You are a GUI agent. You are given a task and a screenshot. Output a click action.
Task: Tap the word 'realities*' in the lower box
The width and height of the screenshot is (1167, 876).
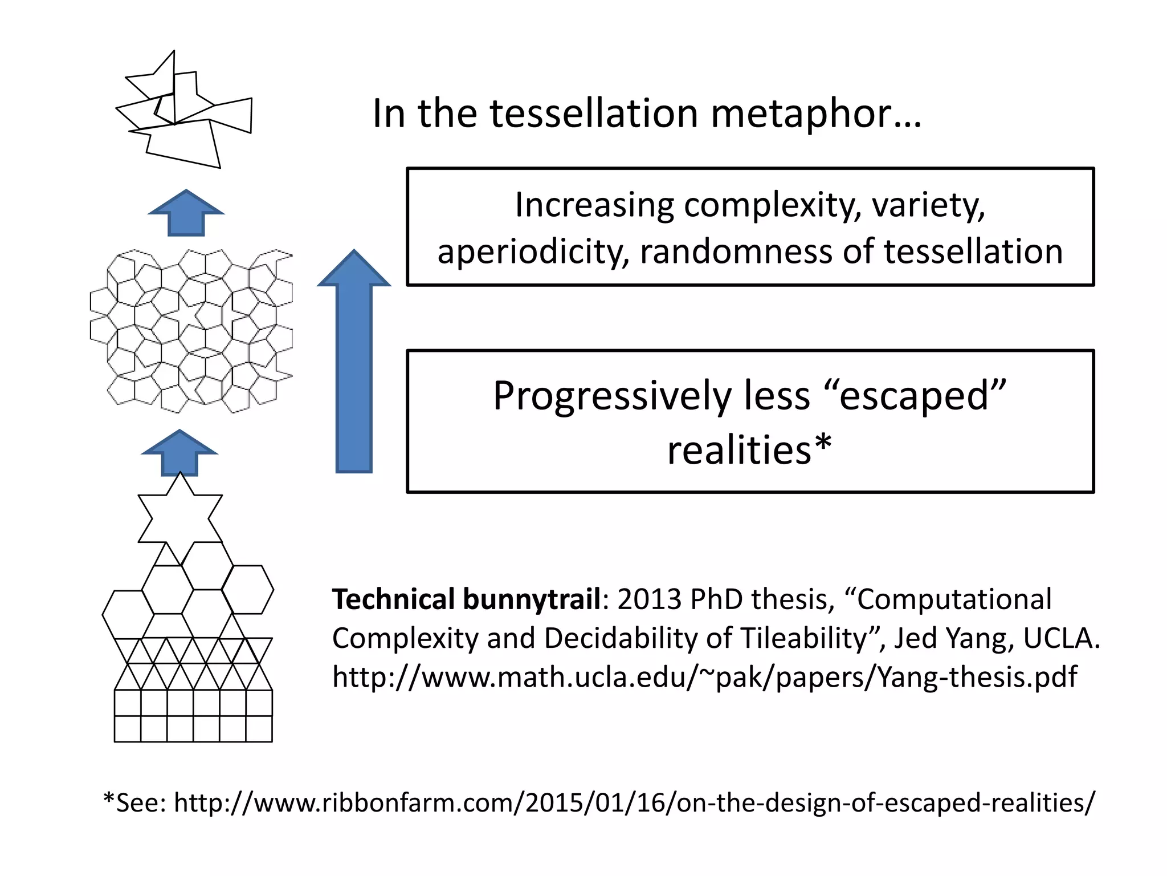750,450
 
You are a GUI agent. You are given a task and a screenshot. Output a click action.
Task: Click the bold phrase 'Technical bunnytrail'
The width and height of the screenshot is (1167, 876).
466,599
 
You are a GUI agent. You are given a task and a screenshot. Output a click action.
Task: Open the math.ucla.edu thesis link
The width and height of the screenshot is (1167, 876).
704,677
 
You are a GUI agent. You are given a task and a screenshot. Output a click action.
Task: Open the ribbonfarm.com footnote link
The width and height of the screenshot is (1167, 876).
634,802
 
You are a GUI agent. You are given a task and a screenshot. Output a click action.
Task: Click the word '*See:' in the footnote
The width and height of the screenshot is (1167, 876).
134,802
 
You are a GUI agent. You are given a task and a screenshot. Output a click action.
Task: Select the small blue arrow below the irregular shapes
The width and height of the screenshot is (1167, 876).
186,213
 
